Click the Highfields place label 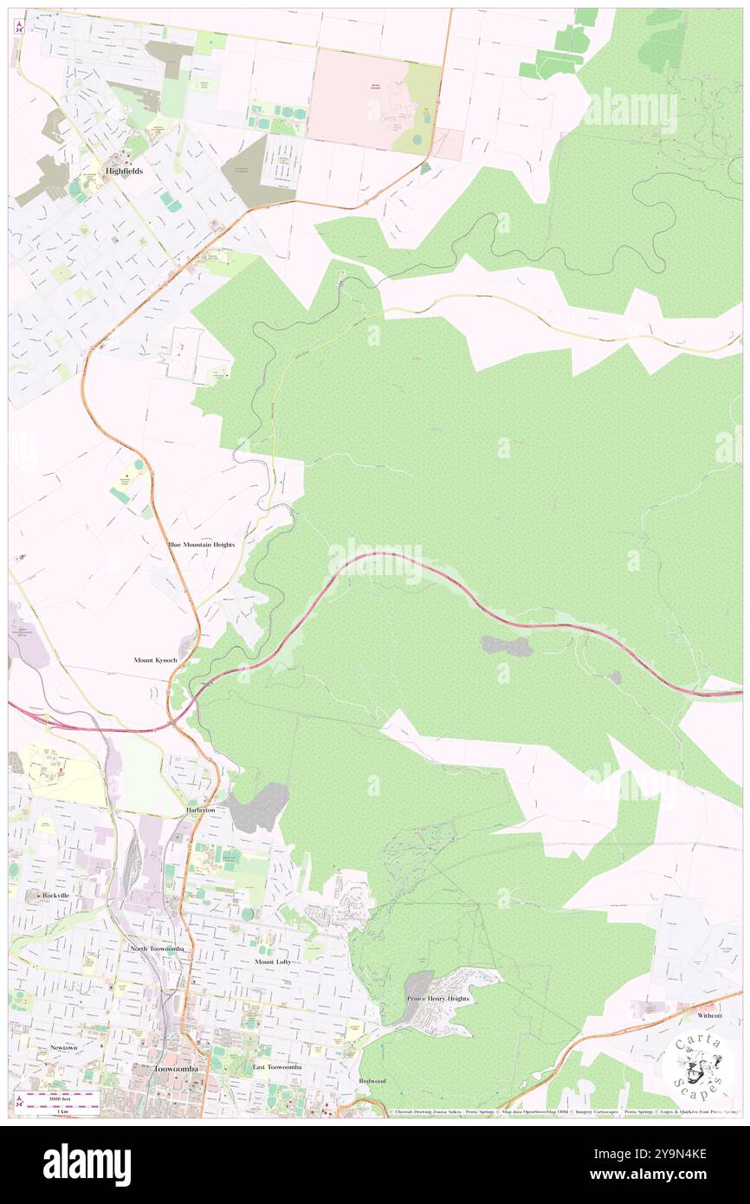124,172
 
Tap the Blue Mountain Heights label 201,544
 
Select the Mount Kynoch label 156,660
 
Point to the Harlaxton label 205,809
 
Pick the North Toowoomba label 157,948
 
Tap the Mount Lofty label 273,961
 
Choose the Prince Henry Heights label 438,999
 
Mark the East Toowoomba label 277,1067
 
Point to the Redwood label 372,1081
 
